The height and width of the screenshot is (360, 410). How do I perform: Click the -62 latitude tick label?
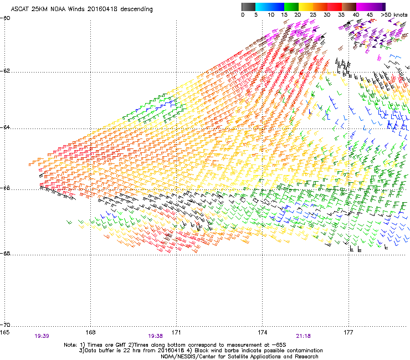click(x=6, y=72)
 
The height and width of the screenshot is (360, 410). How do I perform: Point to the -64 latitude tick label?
click(x=6, y=128)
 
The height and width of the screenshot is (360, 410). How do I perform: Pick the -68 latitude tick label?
click(x=6, y=255)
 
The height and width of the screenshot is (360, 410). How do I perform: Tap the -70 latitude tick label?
click(x=6, y=325)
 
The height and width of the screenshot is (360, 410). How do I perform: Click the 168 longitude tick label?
click(x=90, y=332)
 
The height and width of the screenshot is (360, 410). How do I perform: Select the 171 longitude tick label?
click(x=176, y=332)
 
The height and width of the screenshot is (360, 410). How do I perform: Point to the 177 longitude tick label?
click(x=348, y=332)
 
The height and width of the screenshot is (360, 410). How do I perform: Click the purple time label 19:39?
click(x=42, y=336)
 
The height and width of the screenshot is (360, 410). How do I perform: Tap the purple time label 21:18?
click(x=303, y=336)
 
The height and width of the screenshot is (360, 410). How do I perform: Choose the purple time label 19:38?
click(x=156, y=336)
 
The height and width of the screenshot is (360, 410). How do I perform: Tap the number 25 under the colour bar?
click(x=313, y=15)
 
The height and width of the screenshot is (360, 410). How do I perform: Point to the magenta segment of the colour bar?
click(x=363, y=7)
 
